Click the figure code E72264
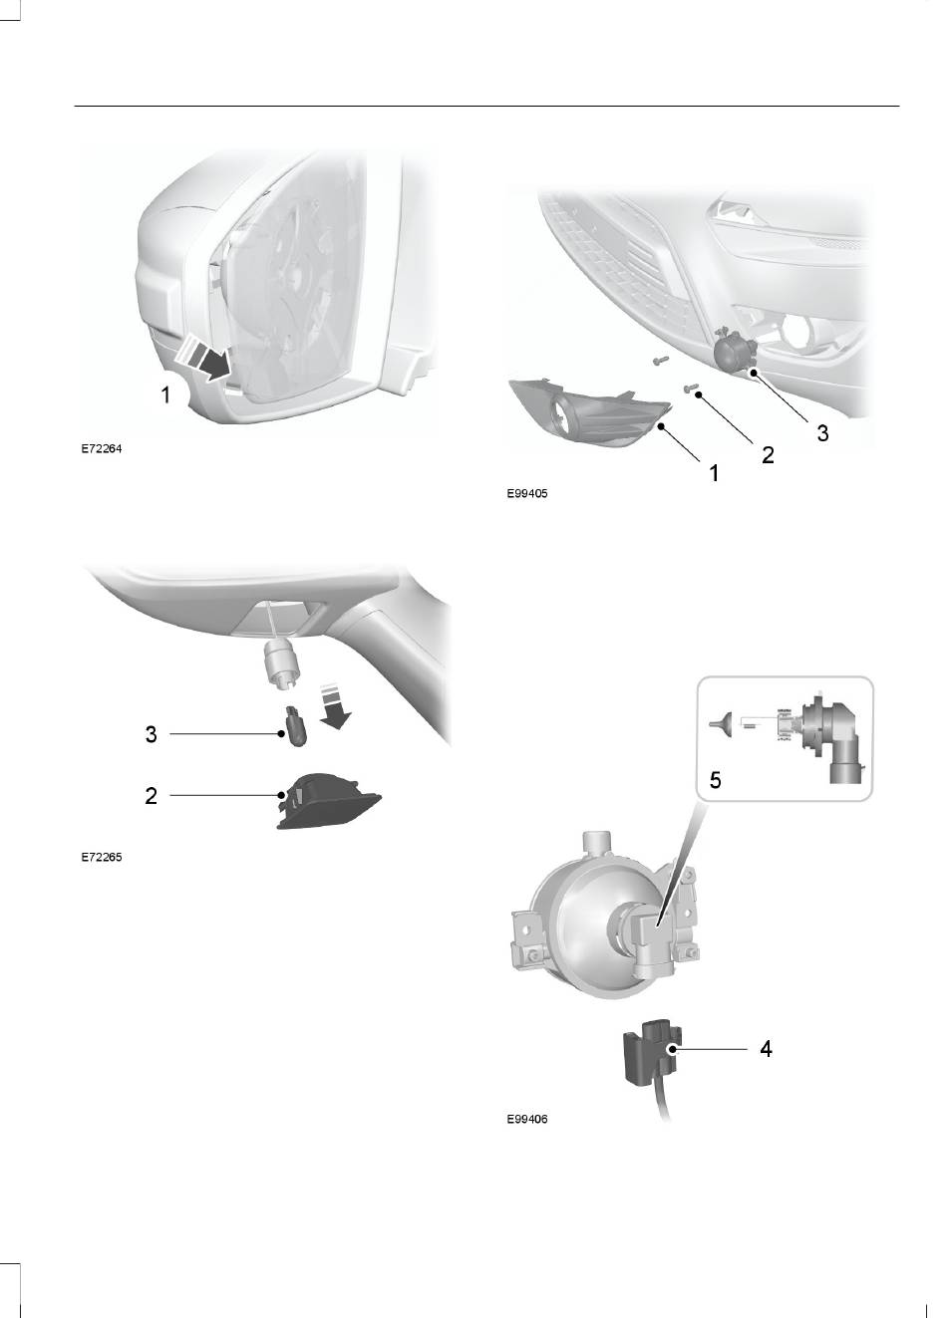click(102, 449)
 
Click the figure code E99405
click(527, 494)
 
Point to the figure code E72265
click(102, 858)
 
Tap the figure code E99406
click(527, 1119)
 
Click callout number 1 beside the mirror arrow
click(166, 395)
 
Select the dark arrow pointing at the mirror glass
click(214, 365)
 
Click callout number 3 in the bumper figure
click(822, 433)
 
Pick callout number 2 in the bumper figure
click(768, 455)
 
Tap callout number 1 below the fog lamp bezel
click(715, 472)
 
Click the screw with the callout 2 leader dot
click(690, 389)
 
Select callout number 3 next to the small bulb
click(152, 734)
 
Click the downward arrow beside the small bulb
click(336, 706)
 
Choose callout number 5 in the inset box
click(715, 780)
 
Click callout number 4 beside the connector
click(766, 1048)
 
